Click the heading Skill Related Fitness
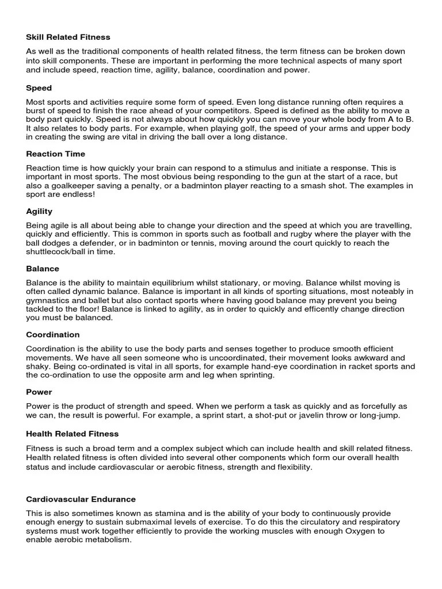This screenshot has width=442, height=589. (68, 37)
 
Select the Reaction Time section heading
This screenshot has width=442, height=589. (56, 154)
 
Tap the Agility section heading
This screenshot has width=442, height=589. (39, 211)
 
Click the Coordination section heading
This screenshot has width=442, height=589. (53, 335)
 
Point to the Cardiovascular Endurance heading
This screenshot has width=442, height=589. (81, 499)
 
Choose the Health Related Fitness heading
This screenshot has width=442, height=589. (73, 434)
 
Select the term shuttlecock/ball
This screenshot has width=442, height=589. (58, 252)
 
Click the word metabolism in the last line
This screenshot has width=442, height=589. (108, 541)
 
